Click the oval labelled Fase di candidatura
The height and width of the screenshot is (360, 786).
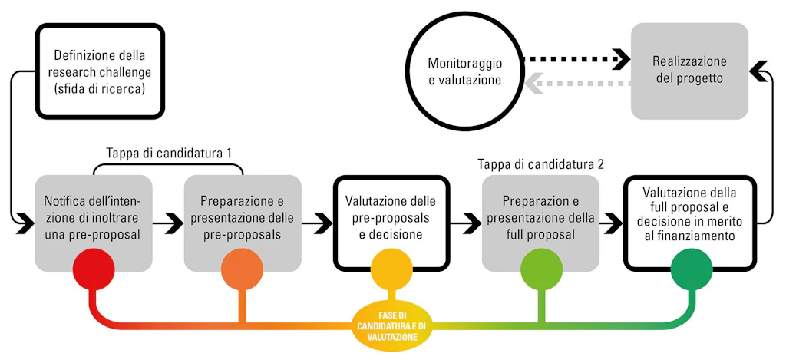392,325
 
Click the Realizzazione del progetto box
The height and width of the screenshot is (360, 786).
690,71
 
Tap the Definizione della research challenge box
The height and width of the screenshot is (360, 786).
101,71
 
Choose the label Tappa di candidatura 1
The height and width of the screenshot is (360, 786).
168,153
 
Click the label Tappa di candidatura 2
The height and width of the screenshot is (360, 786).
540,163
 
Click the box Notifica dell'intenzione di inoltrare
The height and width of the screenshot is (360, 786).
93,223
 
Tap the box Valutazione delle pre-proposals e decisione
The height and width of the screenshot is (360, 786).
392,223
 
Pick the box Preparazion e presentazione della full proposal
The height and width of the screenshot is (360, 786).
541,223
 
